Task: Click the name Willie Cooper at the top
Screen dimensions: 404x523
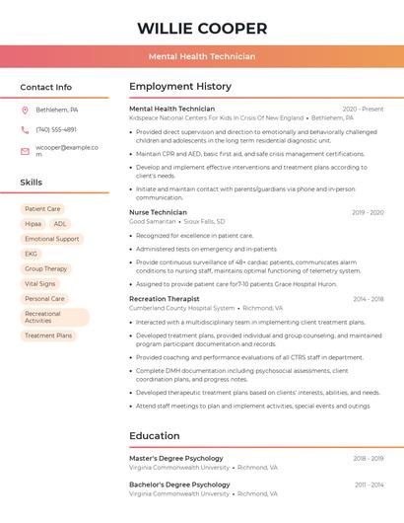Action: tap(202, 28)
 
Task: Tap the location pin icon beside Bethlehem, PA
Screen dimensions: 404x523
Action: tap(25, 110)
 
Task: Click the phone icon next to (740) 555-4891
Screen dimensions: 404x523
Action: tap(25, 129)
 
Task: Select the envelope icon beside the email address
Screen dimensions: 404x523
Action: tap(25, 151)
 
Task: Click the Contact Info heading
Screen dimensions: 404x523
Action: tap(45, 87)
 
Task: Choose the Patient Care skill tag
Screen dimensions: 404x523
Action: tap(42, 209)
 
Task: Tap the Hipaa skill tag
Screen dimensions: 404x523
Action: tap(33, 224)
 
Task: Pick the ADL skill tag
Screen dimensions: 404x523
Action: tap(60, 224)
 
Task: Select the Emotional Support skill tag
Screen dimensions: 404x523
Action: tap(52, 239)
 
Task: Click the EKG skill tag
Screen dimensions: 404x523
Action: tap(31, 254)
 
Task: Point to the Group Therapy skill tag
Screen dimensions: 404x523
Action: tap(46, 268)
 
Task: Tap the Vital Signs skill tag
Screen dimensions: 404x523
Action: tap(40, 283)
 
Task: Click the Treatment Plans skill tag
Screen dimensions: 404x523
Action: tap(48, 336)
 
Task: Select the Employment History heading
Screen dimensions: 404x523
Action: tap(180, 87)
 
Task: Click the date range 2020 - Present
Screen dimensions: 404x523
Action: tap(363, 109)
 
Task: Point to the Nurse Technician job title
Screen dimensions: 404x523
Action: tap(158, 212)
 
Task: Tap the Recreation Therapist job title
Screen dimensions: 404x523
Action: tap(164, 298)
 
